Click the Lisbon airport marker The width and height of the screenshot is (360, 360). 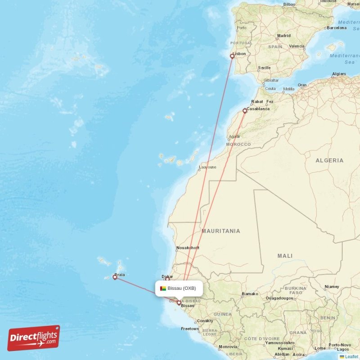click(x=232, y=56)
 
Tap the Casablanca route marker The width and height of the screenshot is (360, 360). click(x=245, y=110)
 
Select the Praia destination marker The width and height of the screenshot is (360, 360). click(x=115, y=278)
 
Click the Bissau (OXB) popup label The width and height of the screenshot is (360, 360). click(x=181, y=288)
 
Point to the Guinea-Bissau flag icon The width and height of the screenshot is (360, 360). click(x=163, y=288)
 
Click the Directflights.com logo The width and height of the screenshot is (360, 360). click(x=34, y=338)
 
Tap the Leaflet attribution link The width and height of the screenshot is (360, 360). click(x=351, y=356)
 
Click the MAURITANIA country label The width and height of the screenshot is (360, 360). click(x=220, y=231)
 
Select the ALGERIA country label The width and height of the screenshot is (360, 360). click(x=329, y=160)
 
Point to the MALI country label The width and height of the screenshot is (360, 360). click(x=285, y=256)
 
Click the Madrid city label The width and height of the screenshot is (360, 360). click(x=284, y=36)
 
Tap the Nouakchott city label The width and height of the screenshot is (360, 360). click(x=188, y=248)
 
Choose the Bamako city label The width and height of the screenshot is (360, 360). click(x=250, y=294)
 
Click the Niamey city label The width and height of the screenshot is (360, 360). click(x=332, y=287)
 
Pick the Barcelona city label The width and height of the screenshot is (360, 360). click(x=337, y=27)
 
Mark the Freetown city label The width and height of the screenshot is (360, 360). click(x=189, y=329)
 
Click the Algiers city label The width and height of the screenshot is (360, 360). click(x=339, y=74)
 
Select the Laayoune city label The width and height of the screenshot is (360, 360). click(x=207, y=167)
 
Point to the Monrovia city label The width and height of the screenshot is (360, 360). click(x=228, y=347)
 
